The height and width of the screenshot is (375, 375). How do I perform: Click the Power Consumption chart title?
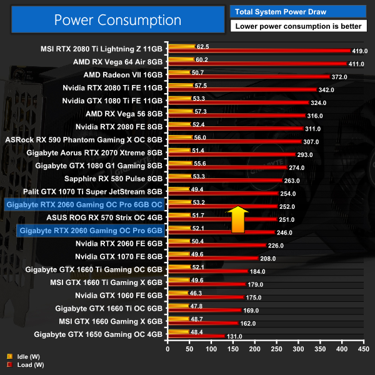tap(117, 19)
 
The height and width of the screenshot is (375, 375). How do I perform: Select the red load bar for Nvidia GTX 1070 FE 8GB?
tap(212, 257)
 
